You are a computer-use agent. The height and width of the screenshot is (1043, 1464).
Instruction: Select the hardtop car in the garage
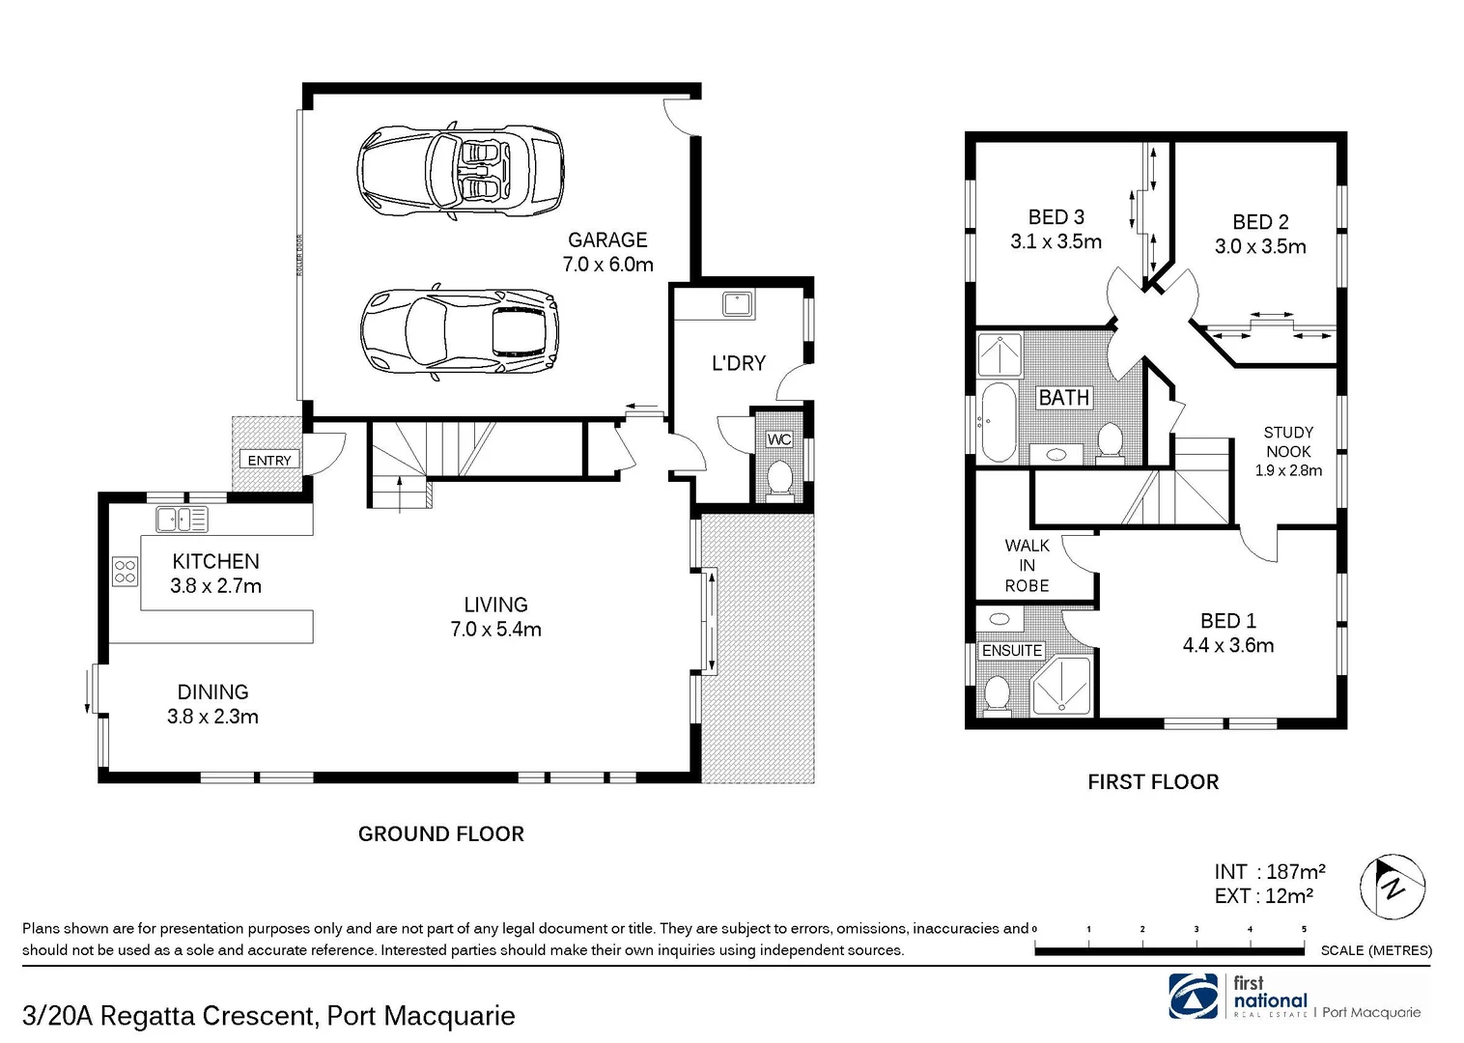click(x=460, y=331)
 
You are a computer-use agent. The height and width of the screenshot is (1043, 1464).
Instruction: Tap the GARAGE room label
click(x=607, y=240)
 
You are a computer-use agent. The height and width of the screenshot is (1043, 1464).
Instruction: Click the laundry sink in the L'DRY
click(x=739, y=304)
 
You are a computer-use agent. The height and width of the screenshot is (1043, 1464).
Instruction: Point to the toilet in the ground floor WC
click(x=778, y=477)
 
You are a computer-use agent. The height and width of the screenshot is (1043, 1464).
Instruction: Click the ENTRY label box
click(x=268, y=461)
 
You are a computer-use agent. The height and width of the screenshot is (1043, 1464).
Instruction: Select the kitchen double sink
click(x=182, y=520)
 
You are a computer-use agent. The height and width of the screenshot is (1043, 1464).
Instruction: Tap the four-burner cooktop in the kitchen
click(x=125, y=571)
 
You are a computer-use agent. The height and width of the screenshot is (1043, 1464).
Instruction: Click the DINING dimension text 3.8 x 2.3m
click(x=212, y=717)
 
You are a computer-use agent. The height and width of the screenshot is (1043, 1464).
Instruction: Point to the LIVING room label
click(x=495, y=605)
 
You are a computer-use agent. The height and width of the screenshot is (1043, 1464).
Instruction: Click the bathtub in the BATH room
click(x=998, y=422)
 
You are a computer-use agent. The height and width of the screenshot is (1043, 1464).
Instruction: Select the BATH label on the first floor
click(x=1063, y=397)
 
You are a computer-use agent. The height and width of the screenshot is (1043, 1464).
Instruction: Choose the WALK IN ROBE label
click(x=1027, y=566)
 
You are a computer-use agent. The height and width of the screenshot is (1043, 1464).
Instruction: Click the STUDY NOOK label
click(x=1288, y=441)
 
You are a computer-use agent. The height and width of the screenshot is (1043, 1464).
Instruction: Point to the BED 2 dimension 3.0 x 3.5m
click(x=1260, y=247)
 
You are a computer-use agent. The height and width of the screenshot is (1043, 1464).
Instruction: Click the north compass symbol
click(x=1393, y=886)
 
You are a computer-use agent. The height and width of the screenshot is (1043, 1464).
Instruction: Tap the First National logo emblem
click(x=1194, y=996)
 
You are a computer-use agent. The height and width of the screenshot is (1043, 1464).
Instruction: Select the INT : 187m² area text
click(x=1269, y=871)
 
